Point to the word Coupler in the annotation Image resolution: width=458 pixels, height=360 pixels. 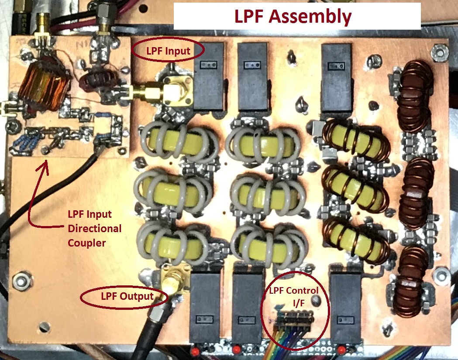tap(86, 243)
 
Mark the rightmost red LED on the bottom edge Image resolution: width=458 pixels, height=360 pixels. tap(341, 349)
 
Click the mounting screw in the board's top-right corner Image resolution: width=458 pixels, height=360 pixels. tap(437, 51)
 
